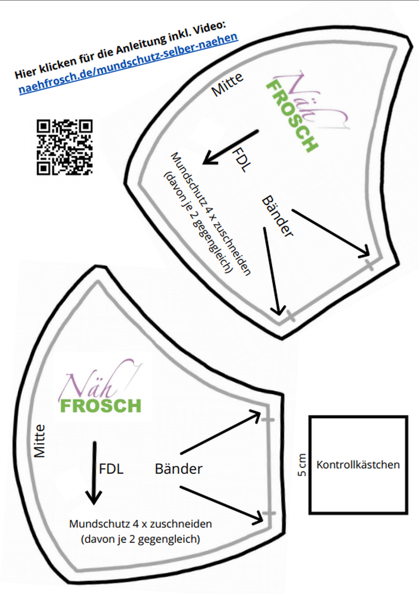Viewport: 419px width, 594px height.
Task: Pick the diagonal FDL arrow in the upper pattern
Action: point(230,147)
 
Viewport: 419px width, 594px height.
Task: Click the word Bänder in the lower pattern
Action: point(179,469)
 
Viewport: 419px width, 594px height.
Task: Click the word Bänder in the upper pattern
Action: point(277,216)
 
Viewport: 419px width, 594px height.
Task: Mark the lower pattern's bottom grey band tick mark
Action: point(269,513)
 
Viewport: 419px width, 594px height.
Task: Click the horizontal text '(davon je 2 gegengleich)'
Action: point(141,539)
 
